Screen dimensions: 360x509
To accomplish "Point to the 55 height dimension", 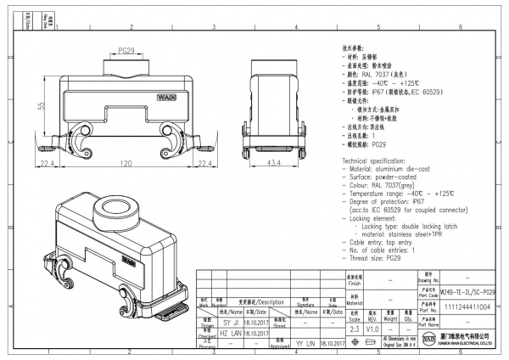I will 40,105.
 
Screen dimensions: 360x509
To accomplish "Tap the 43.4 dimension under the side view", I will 275,162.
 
